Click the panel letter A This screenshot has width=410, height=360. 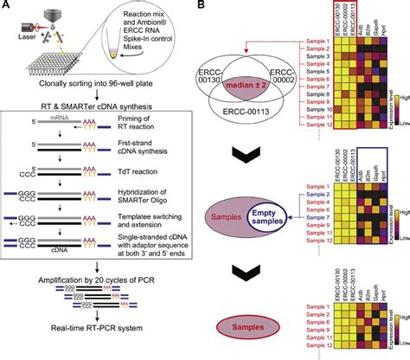7,7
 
